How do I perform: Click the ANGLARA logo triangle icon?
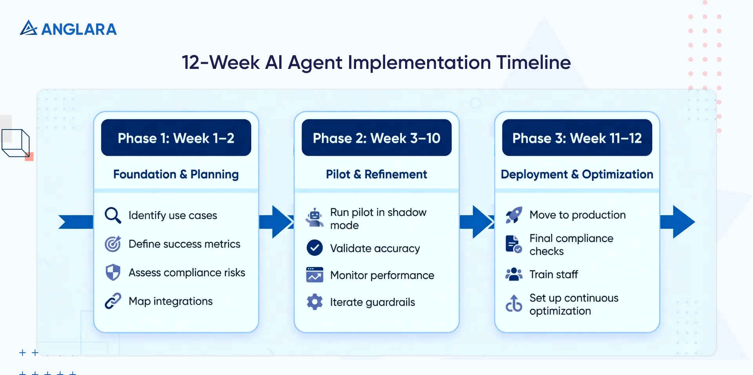coord(28,28)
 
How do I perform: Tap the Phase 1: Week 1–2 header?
coord(176,138)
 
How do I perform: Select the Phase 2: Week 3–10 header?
coord(376,138)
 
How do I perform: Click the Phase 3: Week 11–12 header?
coord(577,138)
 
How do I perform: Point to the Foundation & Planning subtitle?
coord(176,174)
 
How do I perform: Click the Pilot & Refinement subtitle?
coord(376,174)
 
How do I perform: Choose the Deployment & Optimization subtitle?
coord(577,174)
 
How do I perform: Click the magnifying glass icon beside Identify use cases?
coord(113,215)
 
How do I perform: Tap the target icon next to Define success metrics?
coord(113,244)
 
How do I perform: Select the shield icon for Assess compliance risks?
coord(113,272)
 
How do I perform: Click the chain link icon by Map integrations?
coord(113,301)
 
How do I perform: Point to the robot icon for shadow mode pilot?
coord(315,218)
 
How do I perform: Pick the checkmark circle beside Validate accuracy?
coord(315,248)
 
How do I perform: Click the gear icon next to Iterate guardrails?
coord(315,302)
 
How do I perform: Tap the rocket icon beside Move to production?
coord(514,215)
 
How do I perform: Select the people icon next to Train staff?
coord(514,274)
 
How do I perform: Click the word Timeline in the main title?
coord(533,62)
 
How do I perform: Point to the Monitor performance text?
coord(382,275)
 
